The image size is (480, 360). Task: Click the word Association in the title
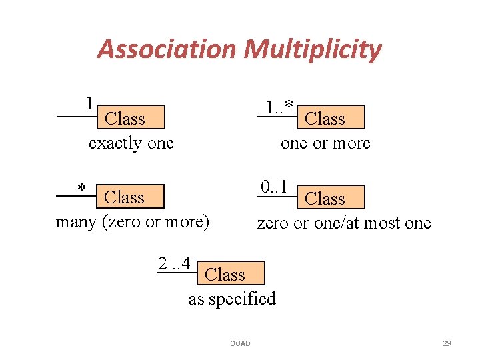coord(167,49)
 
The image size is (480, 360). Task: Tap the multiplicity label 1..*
coord(279,107)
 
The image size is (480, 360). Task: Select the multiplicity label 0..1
coord(274,187)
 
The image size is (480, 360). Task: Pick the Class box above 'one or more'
coord(331,117)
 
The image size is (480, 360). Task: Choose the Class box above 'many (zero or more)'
coord(131,197)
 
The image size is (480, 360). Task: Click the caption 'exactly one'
coord(131,143)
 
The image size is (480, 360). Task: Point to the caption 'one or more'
coord(325,143)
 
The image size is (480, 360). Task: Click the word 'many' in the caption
coord(76,221)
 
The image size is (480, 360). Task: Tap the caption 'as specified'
coord(232,299)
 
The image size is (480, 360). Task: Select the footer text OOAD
coord(240,343)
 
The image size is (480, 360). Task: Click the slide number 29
coord(447,343)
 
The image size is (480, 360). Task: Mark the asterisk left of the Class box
coord(81,189)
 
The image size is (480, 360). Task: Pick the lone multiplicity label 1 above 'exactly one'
coord(89,103)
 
